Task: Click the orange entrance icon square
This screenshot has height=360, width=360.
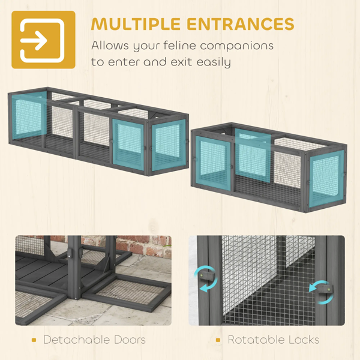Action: click(43, 40)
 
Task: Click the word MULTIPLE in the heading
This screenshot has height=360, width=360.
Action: click(136, 23)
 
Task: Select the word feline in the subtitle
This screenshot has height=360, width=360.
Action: click(179, 45)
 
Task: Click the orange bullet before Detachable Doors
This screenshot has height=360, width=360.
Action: click(34, 340)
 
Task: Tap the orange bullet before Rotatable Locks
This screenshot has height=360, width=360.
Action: click(218, 340)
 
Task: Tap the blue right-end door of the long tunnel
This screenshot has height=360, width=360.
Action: click(169, 145)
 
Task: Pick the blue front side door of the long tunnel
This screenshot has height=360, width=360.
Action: click(128, 145)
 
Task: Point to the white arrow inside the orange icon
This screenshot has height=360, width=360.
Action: click(34, 41)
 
